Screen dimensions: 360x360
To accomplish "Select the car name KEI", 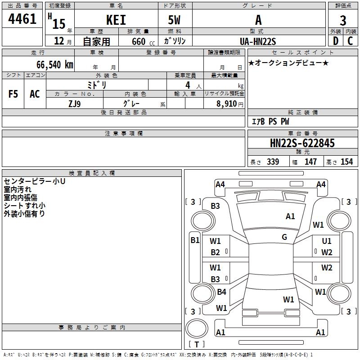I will pyautogui.click(x=116, y=20).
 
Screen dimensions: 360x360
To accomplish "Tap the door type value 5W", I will pyautogui.click(x=175, y=20).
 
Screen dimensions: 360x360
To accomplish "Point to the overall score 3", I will pyautogui.click(x=343, y=20).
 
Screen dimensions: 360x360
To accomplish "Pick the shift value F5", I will pyautogui.click(x=13, y=94).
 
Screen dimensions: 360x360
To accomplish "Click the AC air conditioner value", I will pyautogui.click(x=35, y=94).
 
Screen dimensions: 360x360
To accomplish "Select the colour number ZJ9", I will pyautogui.click(x=75, y=103).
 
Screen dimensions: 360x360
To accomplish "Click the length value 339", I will pyautogui.click(x=272, y=162).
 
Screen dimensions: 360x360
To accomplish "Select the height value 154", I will pyautogui.click(x=346, y=162).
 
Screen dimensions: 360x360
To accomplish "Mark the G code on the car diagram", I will pyautogui.click(x=284, y=237).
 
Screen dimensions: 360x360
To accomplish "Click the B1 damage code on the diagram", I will pyautogui.click(x=195, y=240).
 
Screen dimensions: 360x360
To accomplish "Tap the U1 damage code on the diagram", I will pyautogui.click(x=327, y=241).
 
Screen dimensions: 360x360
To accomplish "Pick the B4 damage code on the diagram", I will pyautogui.click(x=221, y=292).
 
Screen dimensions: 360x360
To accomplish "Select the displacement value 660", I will pyautogui.click(x=139, y=41).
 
